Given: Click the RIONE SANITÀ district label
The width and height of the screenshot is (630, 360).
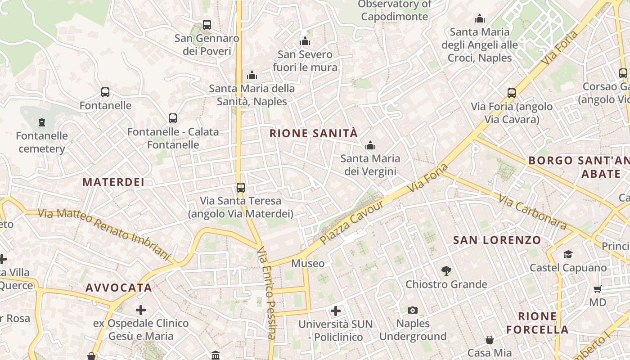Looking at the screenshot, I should [314, 133].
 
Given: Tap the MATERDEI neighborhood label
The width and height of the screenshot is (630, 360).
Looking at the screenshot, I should [113, 182].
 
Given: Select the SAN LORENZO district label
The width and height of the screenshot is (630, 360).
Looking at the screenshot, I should [497, 240].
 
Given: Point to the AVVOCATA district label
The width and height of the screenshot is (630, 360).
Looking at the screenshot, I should [119, 288].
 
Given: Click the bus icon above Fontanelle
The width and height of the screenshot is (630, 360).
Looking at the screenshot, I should [105, 92].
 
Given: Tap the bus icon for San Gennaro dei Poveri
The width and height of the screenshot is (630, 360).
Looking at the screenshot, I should [207, 25].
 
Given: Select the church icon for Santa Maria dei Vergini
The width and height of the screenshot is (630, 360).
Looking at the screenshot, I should [370, 145].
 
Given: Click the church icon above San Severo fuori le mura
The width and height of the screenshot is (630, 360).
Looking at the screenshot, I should [305, 41].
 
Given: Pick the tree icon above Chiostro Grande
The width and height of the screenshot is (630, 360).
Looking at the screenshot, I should [446, 270].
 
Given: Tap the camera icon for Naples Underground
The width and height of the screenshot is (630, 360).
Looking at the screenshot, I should [413, 310].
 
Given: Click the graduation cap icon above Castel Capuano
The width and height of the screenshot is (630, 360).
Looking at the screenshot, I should [568, 254].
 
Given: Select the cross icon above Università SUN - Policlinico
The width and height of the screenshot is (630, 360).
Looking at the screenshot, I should [336, 310].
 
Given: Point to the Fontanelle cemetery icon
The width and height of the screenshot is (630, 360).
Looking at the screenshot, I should [42, 122].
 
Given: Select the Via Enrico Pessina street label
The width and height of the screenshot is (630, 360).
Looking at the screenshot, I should [266, 292].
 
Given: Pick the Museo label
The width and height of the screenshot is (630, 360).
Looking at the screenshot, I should [308, 263].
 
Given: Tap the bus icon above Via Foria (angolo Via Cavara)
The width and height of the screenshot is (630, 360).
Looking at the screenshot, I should [512, 93].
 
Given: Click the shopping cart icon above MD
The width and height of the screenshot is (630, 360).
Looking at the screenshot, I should [598, 289].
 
